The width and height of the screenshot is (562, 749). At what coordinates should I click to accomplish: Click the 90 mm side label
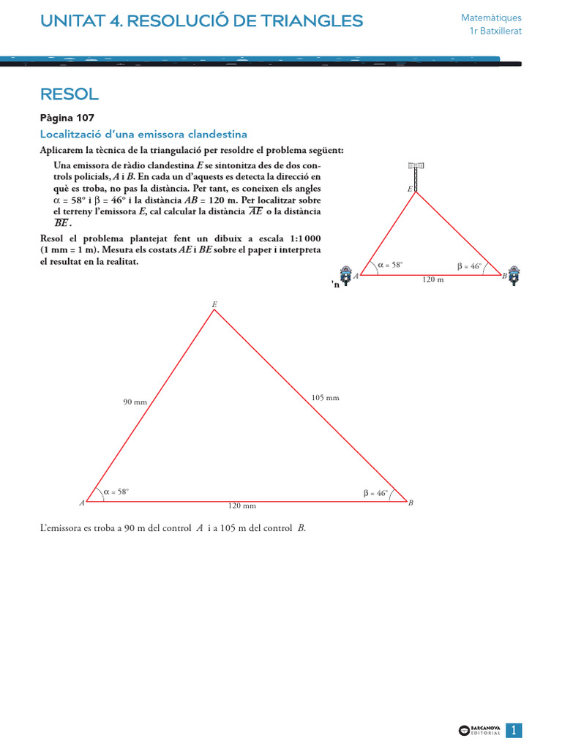[135, 402]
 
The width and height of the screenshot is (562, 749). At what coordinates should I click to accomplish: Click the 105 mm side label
[326, 397]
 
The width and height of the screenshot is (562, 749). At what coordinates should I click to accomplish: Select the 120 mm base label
[242, 505]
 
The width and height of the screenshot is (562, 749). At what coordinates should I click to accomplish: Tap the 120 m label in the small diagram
[433, 279]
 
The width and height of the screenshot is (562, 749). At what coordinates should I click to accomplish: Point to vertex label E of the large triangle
[214, 304]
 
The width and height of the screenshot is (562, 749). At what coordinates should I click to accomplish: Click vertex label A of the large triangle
[83, 503]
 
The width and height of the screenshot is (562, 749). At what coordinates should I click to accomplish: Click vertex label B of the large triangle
[411, 503]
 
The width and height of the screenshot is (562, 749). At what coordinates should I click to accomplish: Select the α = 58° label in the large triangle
[116, 492]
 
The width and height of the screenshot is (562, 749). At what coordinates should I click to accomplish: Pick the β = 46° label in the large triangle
[375, 493]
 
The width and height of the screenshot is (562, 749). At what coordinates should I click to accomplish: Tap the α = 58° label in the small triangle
[390, 265]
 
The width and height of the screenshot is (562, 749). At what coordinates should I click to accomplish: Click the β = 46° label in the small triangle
[469, 266]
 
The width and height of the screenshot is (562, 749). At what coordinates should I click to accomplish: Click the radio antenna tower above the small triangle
[416, 175]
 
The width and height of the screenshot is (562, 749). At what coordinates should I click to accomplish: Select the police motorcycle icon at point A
[345, 275]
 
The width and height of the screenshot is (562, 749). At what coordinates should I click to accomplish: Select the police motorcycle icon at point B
[514, 275]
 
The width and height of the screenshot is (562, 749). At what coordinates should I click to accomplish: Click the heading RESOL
[70, 94]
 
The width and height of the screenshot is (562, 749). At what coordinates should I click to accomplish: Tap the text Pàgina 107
[67, 118]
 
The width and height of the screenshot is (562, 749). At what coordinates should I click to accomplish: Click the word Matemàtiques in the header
[491, 18]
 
